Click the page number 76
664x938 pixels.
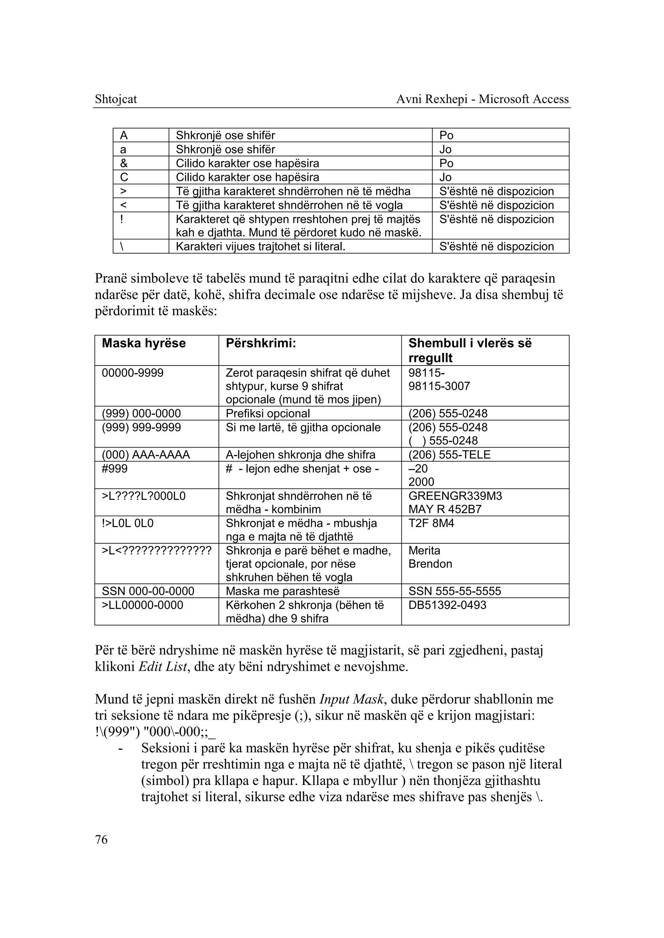[101, 839]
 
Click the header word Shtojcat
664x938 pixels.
[116, 99]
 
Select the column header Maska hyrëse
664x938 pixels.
[144, 343]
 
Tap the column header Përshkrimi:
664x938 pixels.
[260, 343]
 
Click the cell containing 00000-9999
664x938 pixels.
[133, 373]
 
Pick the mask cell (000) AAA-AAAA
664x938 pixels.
[146, 454]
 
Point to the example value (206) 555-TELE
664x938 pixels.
[449, 454]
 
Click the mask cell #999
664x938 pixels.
[114, 468]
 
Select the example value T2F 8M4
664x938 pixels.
[431, 523]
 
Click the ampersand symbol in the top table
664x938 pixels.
[124, 163]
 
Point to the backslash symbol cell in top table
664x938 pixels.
[122, 246]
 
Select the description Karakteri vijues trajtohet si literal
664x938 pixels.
[260, 246]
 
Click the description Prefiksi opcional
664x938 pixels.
[267, 413]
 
